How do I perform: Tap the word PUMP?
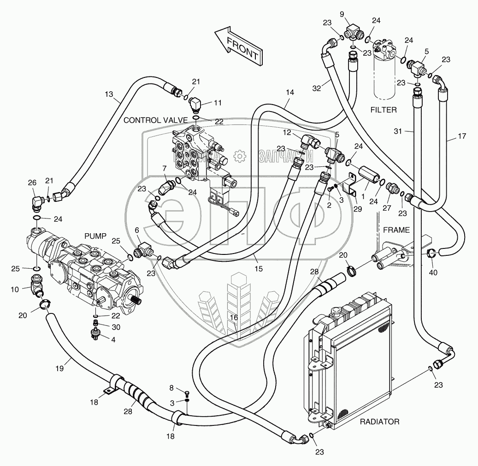tap(95, 236)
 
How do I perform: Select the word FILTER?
tap(384, 110)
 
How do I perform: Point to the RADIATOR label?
tap(379, 421)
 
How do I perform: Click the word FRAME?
tap(396, 230)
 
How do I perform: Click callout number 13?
tap(108, 94)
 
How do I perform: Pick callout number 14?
tap(289, 92)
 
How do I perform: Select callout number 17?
tap(462, 136)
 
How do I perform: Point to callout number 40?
tap(433, 272)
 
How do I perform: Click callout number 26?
tap(31, 183)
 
